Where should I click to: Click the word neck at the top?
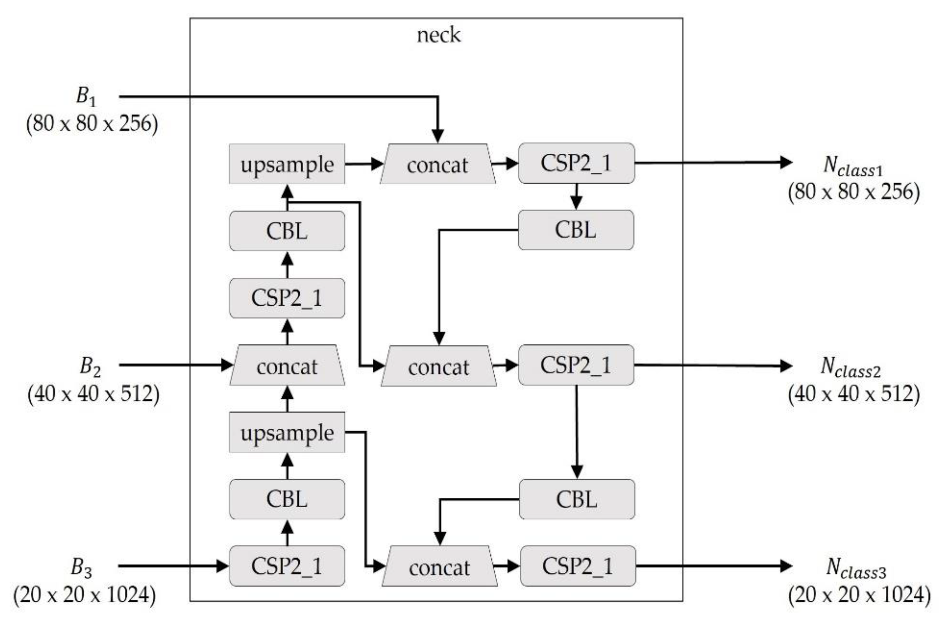[438, 35]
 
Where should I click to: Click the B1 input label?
[86, 96]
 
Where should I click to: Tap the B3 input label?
[81, 567]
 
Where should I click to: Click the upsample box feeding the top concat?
[287, 164]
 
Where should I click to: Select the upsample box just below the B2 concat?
[287, 433]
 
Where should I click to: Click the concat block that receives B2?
[287, 366]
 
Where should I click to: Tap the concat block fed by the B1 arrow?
[437, 164]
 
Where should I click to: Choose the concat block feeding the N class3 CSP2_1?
[439, 567]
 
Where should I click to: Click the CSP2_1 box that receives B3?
[287, 566]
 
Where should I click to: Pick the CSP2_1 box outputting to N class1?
[576, 163]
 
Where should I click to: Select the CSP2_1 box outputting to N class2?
[576, 365]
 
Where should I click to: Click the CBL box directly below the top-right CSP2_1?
[576, 230]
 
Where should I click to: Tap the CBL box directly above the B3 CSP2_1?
[287, 499]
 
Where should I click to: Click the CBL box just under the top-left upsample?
[287, 231]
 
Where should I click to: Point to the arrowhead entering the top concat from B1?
[438, 136]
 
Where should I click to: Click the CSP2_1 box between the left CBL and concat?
[287, 298]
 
